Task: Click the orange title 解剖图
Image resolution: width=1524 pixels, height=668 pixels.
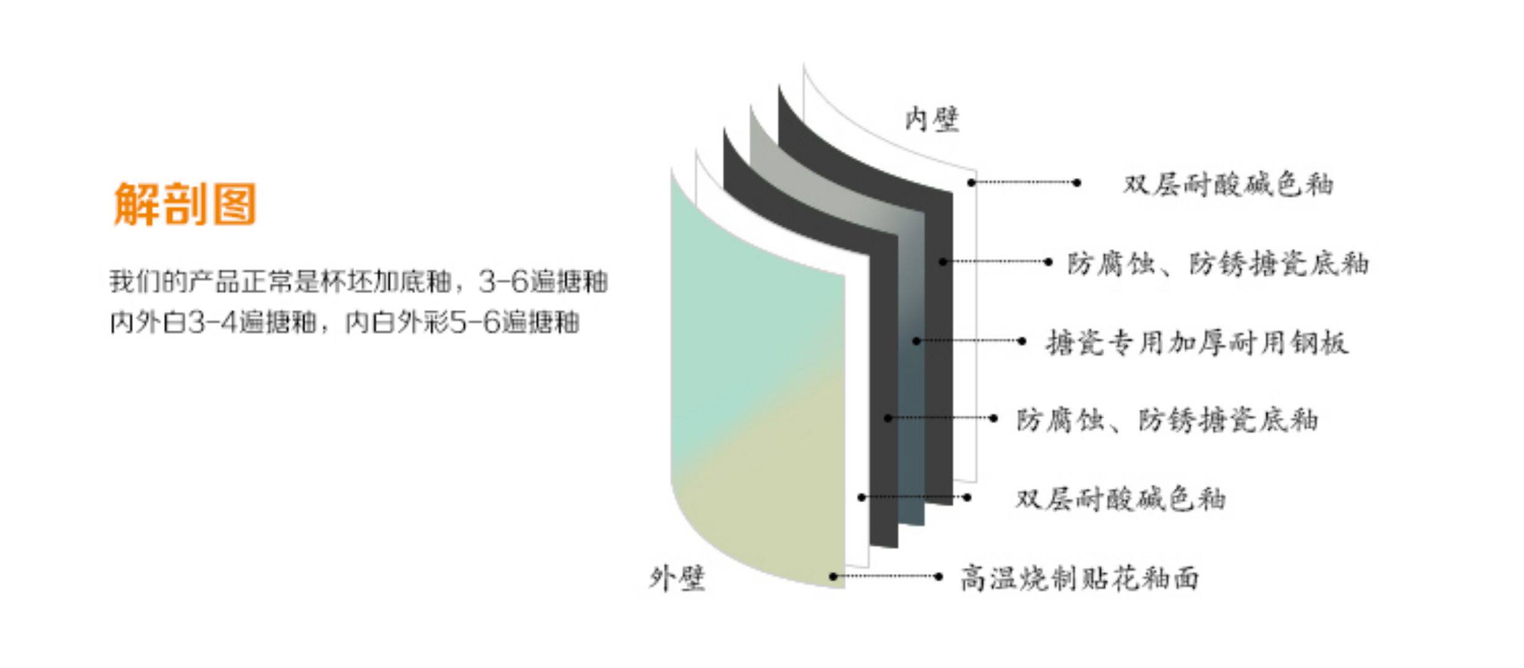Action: [184, 204]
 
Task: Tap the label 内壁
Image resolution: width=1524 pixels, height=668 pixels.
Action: [932, 119]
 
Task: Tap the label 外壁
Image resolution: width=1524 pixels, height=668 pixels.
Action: [677, 578]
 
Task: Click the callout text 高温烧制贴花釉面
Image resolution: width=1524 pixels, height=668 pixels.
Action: [1079, 578]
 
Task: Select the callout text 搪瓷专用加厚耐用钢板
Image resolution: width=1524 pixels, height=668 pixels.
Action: [1197, 343]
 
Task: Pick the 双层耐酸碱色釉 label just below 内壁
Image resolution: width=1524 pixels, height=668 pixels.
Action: [1228, 184]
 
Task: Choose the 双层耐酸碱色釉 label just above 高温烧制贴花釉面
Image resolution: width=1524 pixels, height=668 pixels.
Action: [1120, 499]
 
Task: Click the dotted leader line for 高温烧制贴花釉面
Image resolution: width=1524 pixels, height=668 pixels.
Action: [885, 577]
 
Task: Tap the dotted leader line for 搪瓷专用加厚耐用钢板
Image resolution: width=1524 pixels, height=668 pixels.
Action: [969, 341]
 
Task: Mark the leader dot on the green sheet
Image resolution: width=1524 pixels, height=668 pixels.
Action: [833, 577]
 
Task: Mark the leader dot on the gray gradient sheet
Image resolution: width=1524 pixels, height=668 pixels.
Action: [916, 341]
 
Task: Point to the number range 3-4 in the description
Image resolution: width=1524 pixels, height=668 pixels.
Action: [212, 322]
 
